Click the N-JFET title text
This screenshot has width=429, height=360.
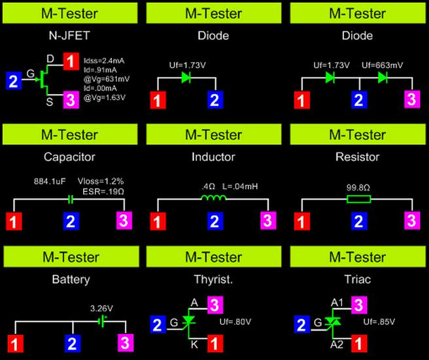click(x=69, y=35)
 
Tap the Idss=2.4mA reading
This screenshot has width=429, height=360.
click(x=103, y=60)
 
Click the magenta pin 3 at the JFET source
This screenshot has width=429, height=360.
click(x=71, y=100)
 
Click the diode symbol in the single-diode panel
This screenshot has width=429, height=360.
click(x=186, y=77)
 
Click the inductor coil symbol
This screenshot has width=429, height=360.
click(x=213, y=198)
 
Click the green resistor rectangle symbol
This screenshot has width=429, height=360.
click(x=357, y=198)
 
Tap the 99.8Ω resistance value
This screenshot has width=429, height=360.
click(x=357, y=187)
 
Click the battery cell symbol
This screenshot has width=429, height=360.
click(x=101, y=321)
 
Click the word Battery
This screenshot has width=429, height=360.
click(x=69, y=279)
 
